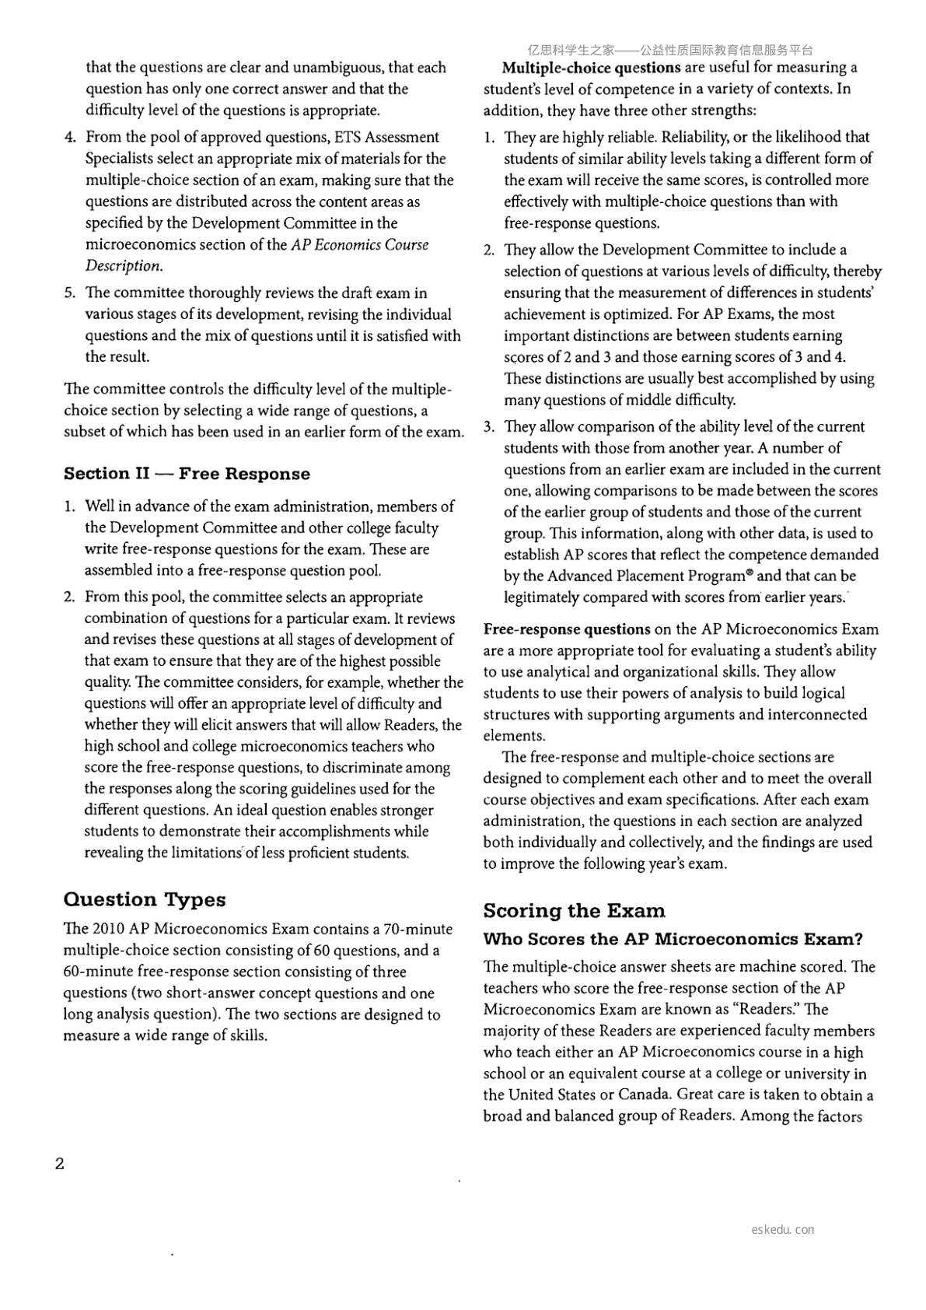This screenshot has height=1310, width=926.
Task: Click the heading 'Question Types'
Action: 145,899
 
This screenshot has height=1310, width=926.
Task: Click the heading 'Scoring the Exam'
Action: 574,910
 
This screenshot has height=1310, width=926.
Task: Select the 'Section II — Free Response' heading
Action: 187,474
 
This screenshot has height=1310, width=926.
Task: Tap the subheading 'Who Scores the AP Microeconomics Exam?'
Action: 673,939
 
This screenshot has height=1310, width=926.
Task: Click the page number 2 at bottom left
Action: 60,1164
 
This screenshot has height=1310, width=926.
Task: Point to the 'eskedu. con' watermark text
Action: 783,1230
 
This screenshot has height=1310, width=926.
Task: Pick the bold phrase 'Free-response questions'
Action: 567,629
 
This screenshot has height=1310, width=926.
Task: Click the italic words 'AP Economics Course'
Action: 360,244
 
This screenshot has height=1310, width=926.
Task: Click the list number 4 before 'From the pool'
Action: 70,138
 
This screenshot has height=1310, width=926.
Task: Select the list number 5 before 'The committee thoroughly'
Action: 70,293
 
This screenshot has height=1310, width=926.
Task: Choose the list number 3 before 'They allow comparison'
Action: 488,427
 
